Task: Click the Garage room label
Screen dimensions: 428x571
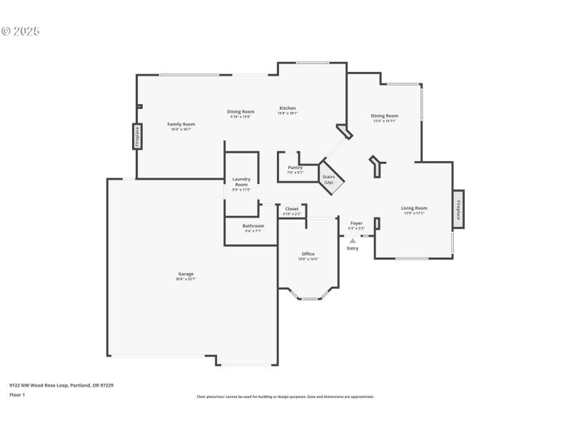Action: click(x=186, y=274)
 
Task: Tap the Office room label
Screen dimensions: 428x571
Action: click(x=308, y=254)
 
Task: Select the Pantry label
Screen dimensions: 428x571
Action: click(x=295, y=168)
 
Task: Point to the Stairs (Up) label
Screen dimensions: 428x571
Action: click(x=328, y=179)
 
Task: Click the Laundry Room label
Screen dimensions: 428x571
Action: click(x=241, y=182)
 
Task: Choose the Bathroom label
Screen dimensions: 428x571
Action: click(x=253, y=226)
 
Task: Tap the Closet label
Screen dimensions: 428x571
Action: click(x=292, y=209)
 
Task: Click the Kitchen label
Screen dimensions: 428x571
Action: click(x=287, y=108)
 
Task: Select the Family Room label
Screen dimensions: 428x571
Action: click(x=181, y=124)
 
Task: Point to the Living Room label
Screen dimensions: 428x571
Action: click(x=414, y=208)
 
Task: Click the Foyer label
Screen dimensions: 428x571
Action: click(x=356, y=223)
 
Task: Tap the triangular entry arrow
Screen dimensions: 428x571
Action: click(x=353, y=241)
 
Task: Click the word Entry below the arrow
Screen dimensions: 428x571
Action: click(x=353, y=248)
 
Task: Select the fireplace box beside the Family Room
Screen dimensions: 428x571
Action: click(x=137, y=136)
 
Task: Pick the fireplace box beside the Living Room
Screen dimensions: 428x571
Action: click(x=458, y=210)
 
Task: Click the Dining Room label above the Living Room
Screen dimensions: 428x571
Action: click(x=384, y=116)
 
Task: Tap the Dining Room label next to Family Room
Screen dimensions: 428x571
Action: click(x=241, y=111)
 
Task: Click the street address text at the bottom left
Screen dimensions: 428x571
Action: click(x=61, y=385)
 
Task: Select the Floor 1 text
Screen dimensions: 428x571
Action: click(x=17, y=394)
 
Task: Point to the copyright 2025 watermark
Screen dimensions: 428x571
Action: click(x=21, y=31)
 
